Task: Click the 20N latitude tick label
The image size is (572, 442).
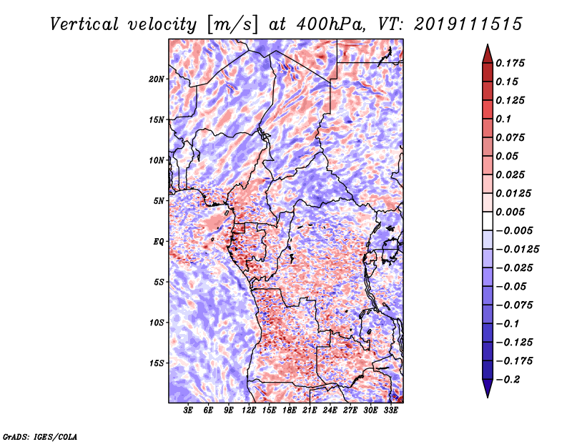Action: click(157, 79)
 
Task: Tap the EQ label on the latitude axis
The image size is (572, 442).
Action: click(158, 242)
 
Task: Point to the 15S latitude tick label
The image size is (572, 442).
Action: click(157, 363)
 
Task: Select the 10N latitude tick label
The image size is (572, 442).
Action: click(157, 160)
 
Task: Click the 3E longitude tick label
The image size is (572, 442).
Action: click(189, 411)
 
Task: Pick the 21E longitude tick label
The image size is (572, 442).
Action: click(310, 411)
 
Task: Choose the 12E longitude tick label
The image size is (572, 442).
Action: click(250, 411)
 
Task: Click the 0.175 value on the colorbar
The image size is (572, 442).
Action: click(511, 63)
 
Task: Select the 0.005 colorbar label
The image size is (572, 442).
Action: click(511, 212)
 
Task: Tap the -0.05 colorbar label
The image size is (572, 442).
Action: click(511, 286)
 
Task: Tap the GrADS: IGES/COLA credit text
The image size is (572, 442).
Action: click(39, 436)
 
